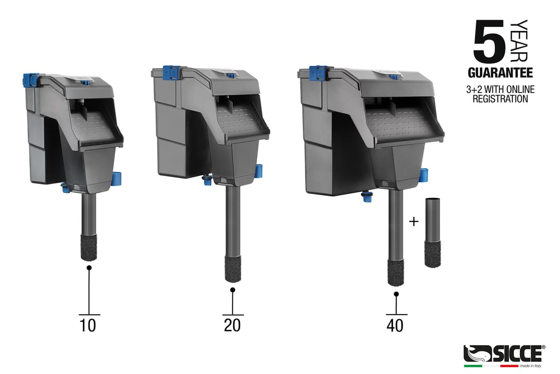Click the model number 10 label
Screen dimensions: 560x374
pos(88,325)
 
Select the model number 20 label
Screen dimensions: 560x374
pos(232,325)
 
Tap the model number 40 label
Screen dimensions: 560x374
pos(395,325)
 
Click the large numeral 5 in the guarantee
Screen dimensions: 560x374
pos(490,42)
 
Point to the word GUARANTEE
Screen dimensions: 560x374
pos(500,73)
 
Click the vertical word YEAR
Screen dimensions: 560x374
pos(519,41)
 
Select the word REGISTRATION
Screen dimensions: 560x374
pos(500,99)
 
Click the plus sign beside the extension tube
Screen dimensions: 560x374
pos(414,222)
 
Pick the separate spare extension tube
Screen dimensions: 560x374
pos(433,233)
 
